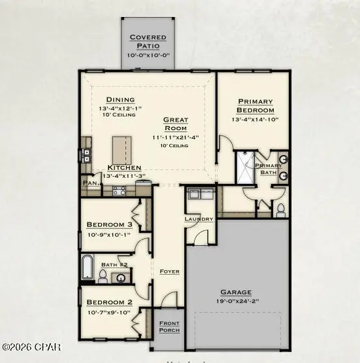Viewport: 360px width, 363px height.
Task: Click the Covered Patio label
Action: [148, 41]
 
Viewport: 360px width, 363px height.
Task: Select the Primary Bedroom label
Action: [255, 105]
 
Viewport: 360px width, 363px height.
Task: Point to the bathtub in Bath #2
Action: [88, 268]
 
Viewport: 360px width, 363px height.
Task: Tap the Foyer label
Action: [169, 271]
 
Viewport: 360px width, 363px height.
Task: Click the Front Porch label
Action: [169, 327]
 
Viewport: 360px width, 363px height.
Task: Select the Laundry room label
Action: [199, 218]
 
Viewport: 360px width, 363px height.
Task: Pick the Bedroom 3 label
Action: [110, 224]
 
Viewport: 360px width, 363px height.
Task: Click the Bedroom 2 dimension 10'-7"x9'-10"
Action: [110, 311]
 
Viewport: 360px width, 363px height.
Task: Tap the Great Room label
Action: [175, 124]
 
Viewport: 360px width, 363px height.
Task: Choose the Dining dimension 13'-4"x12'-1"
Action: [121, 108]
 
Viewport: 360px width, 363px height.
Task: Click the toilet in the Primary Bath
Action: [280, 211]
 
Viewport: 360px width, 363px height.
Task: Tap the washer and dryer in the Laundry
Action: [200, 194]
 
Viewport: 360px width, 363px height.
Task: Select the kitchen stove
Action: [120, 190]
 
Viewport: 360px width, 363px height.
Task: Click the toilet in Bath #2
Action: [103, 275]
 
